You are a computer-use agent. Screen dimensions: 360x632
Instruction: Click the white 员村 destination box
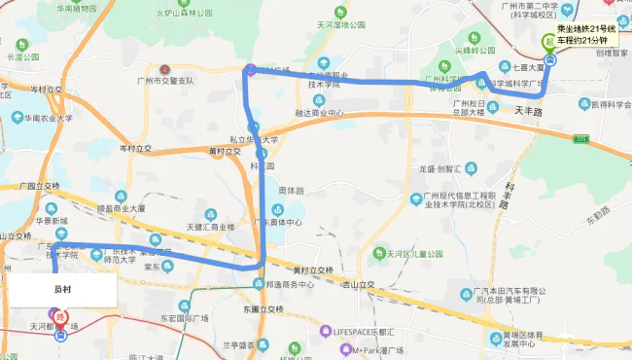(61, 288)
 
